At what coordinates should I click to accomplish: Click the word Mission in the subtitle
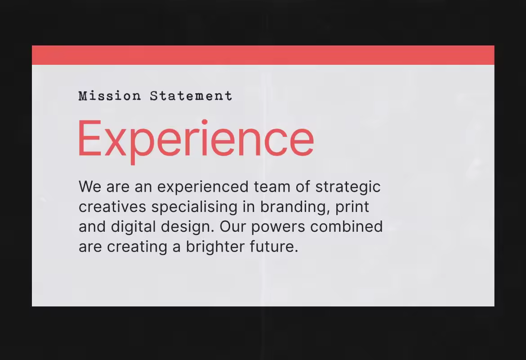(x=110, y=96)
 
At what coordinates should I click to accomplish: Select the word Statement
(x=191, y=96)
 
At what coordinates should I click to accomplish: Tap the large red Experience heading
(x=196, y=140)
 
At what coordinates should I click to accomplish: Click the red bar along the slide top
(x=263, y=55)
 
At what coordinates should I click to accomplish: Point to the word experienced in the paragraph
(x=203, y=187)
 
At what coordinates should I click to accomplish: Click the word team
(x=272, y=187)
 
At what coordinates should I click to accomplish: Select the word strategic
(x=348, y=187)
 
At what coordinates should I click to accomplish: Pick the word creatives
(x=112, y=207)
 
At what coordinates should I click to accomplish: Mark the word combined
(x=347, y=227)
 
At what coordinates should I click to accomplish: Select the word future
(x=274, y=247)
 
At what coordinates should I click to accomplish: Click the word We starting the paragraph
(x=90, y=187)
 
